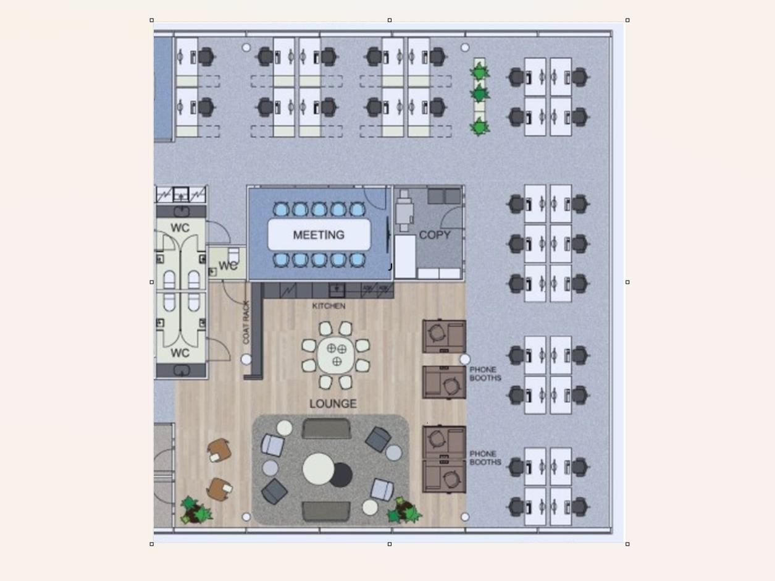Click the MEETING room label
click(x=319, y=235)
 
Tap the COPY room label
click(x=435, y=235)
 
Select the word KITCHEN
click(x=329, y=306)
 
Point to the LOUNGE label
click(x=333, y=404)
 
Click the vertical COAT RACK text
click(x=246, y=322)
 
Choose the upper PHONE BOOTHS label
click(x=485, y=374)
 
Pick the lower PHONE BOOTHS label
click(x=485, y=458)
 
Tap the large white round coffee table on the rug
click(x=318, y=469)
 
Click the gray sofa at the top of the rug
click(x=326, y=428)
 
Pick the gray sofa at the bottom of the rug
click(x=326, y=511)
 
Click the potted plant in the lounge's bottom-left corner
click(x=196, y=511)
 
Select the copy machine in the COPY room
click(x=404, y=210)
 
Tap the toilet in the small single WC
click(x=233, y=255)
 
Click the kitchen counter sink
click(x=337, y=289)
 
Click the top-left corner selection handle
click(x=152, y=20)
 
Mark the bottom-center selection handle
click(x=390, y=544)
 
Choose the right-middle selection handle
click(x=627, y=282)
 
